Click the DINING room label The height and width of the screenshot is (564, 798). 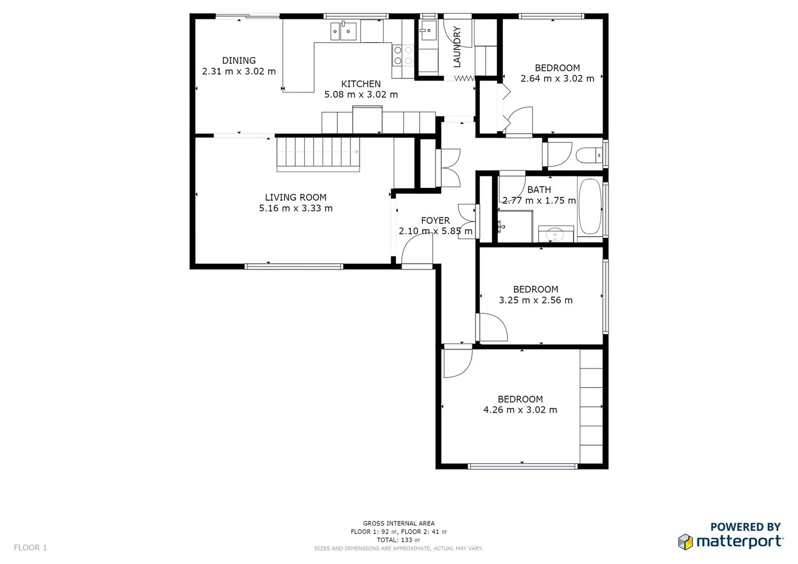239,61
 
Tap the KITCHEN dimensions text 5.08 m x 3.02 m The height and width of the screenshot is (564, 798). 361,95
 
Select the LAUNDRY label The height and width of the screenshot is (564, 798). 457,47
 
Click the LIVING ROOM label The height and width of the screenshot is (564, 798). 295,197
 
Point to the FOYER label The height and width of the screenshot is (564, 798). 435,220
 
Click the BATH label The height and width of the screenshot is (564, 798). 539,190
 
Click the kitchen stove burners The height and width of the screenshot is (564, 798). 403,55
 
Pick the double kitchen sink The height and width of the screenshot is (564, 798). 343,31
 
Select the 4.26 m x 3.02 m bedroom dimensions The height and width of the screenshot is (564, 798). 520,410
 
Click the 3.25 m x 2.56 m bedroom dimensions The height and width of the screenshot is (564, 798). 536,300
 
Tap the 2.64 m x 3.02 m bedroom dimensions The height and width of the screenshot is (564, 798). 557,79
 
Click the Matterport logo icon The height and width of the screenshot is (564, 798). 686,542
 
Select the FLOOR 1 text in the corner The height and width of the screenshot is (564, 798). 30,547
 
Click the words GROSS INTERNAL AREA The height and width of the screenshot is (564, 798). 399,523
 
